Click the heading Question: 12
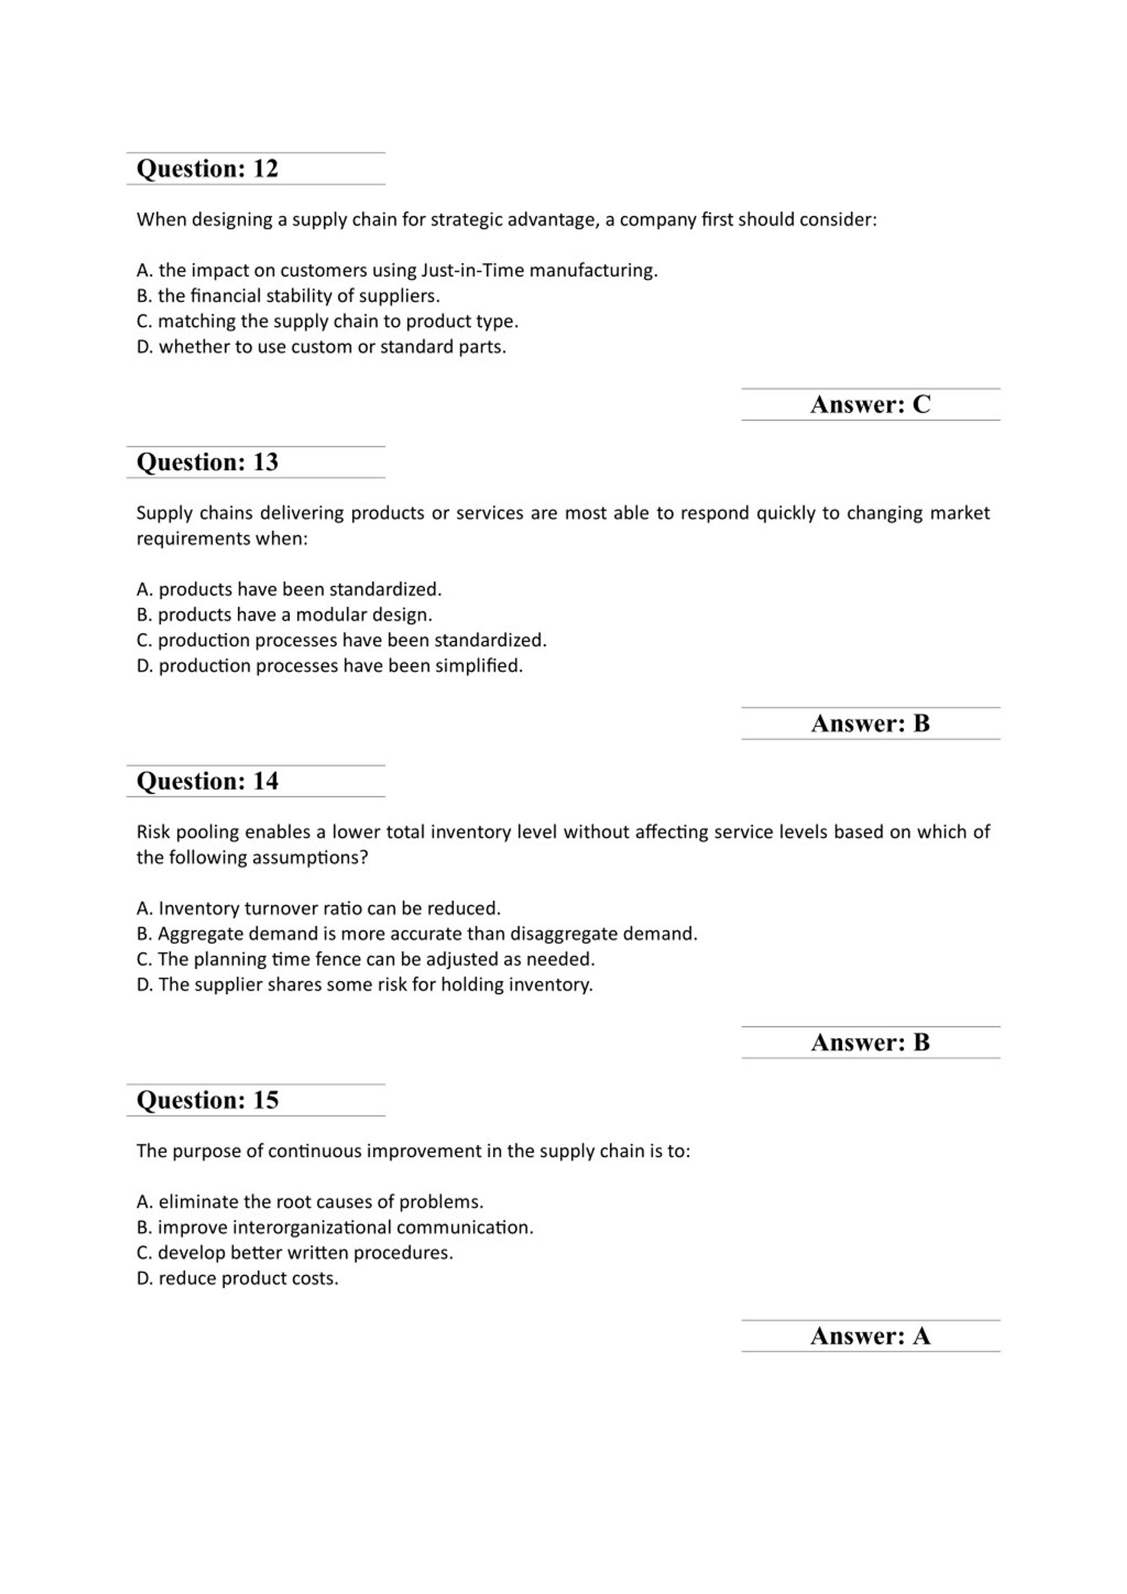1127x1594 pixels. tap(207, 169)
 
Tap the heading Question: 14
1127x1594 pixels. tap(207, 781)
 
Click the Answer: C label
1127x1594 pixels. tap(870, 405)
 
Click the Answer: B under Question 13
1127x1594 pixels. tap(870, 723)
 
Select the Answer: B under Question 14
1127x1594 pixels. tap(870, 1042)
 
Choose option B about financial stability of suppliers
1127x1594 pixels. tap(288, 296)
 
